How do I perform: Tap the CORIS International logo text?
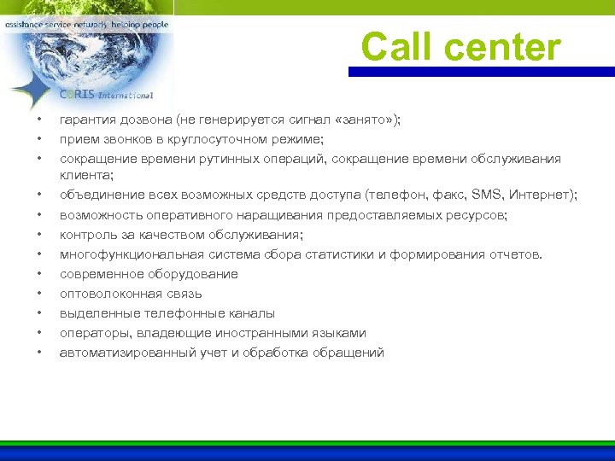(x=106, y=95)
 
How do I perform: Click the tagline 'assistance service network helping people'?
(x=86, y=25)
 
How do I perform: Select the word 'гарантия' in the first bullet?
(x=86, y=120)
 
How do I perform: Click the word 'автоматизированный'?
(x=123, y=353)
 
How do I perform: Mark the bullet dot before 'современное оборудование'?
(x=38, y=274)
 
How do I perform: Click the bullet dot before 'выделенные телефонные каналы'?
(x=38, y=313)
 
